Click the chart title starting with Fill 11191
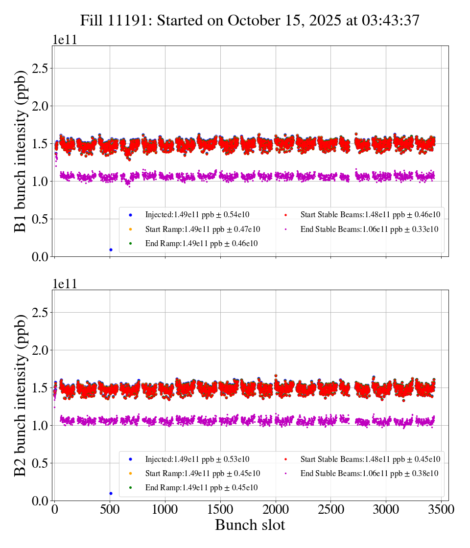point(250,20)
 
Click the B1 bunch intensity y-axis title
point(20,151)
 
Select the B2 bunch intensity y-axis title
point(20,395)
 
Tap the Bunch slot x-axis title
point(250,525)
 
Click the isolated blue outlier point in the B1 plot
point(111,250)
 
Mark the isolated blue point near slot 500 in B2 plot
point(111,493)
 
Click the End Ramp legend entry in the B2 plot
point(201,487)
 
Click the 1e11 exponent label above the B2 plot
point(65,284)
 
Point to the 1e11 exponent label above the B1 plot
point(65,40)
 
